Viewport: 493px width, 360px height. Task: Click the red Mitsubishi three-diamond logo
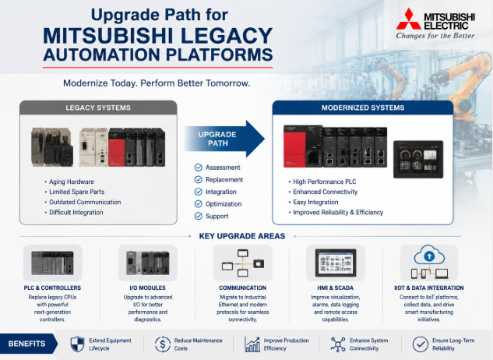[408, 19]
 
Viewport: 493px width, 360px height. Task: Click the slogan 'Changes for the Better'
[435, 36]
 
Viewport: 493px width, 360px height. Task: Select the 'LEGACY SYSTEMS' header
[98, 108]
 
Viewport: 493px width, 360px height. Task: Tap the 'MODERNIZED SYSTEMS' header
[363, 108]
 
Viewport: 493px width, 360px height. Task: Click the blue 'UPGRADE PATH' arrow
[224, 139]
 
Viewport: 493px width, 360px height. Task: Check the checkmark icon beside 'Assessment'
[199, 168]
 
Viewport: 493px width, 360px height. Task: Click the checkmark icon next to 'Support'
[199, 216]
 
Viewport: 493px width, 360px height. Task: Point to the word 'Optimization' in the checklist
[224, 204]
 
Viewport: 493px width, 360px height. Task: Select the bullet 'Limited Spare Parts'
[77, 192]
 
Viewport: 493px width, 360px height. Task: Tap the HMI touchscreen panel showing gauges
[418, 159]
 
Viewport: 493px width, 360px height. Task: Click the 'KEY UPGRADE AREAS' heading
[242, 236]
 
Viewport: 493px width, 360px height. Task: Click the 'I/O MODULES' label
[148, 288]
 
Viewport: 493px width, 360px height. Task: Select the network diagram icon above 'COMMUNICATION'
[243, 263]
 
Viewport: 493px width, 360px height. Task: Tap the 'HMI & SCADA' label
[336, 288]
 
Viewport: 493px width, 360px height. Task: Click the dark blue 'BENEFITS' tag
[28, 344]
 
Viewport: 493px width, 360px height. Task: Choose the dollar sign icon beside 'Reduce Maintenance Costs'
[163, 344]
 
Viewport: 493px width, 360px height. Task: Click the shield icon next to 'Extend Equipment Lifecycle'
[77, 344]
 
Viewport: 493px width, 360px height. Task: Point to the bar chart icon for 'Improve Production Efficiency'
[252, 344]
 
